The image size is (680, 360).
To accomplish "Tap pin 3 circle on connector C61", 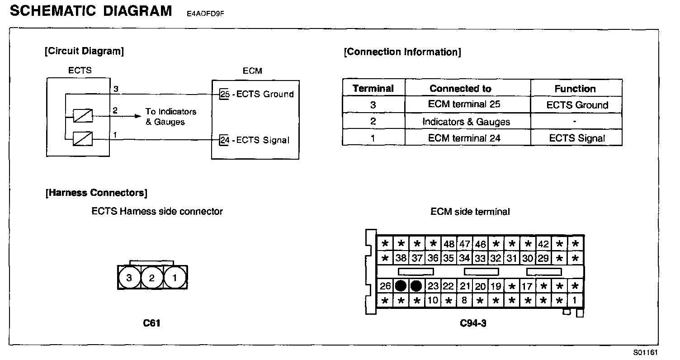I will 129,278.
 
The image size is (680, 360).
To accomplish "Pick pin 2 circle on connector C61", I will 152,278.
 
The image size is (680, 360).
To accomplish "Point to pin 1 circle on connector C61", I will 175,278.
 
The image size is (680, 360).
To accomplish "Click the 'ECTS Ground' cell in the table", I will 577,105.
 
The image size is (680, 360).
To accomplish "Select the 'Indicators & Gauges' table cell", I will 466,122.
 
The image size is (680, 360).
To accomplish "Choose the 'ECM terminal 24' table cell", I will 464,138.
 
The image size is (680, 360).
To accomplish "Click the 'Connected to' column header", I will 460,89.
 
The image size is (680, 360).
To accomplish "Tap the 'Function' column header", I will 575,89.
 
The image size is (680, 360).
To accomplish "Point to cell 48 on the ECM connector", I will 449,244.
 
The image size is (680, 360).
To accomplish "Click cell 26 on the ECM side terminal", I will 385,286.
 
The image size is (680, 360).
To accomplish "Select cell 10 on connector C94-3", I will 433,300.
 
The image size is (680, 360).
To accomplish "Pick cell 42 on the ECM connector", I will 543,244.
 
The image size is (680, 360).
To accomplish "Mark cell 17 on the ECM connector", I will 527,286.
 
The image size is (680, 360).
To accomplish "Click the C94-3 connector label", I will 473,323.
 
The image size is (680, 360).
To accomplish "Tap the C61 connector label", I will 151,323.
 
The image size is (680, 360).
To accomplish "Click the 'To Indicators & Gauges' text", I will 171,116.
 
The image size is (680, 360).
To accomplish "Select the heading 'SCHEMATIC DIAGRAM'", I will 91,11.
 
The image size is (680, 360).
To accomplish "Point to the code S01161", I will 645,352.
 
